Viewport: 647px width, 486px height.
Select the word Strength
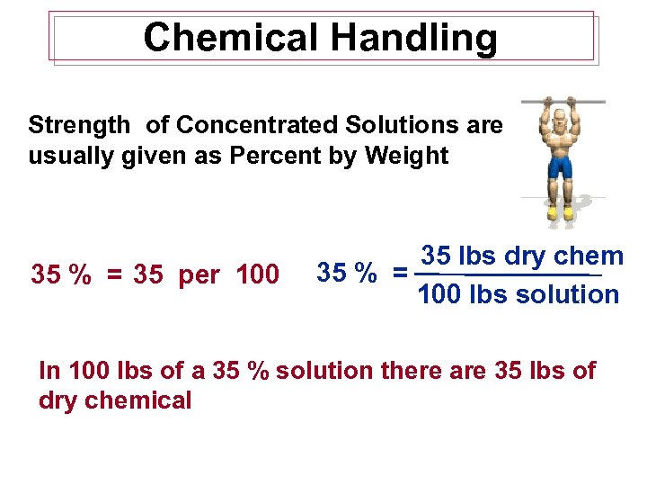[80, 125]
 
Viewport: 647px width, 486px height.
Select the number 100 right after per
[257, 274]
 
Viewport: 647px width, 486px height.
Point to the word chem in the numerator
[589, 256]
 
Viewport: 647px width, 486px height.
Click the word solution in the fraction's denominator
[567, 294]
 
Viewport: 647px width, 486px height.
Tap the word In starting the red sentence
[50, 370]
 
